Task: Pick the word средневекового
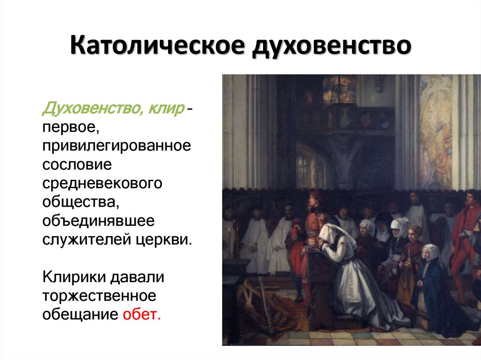[x=102, y=183]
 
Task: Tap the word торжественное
[x=99, y=295]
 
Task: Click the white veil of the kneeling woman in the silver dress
[x=334, y=233]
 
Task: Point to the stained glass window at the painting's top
[x=339, y=89]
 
